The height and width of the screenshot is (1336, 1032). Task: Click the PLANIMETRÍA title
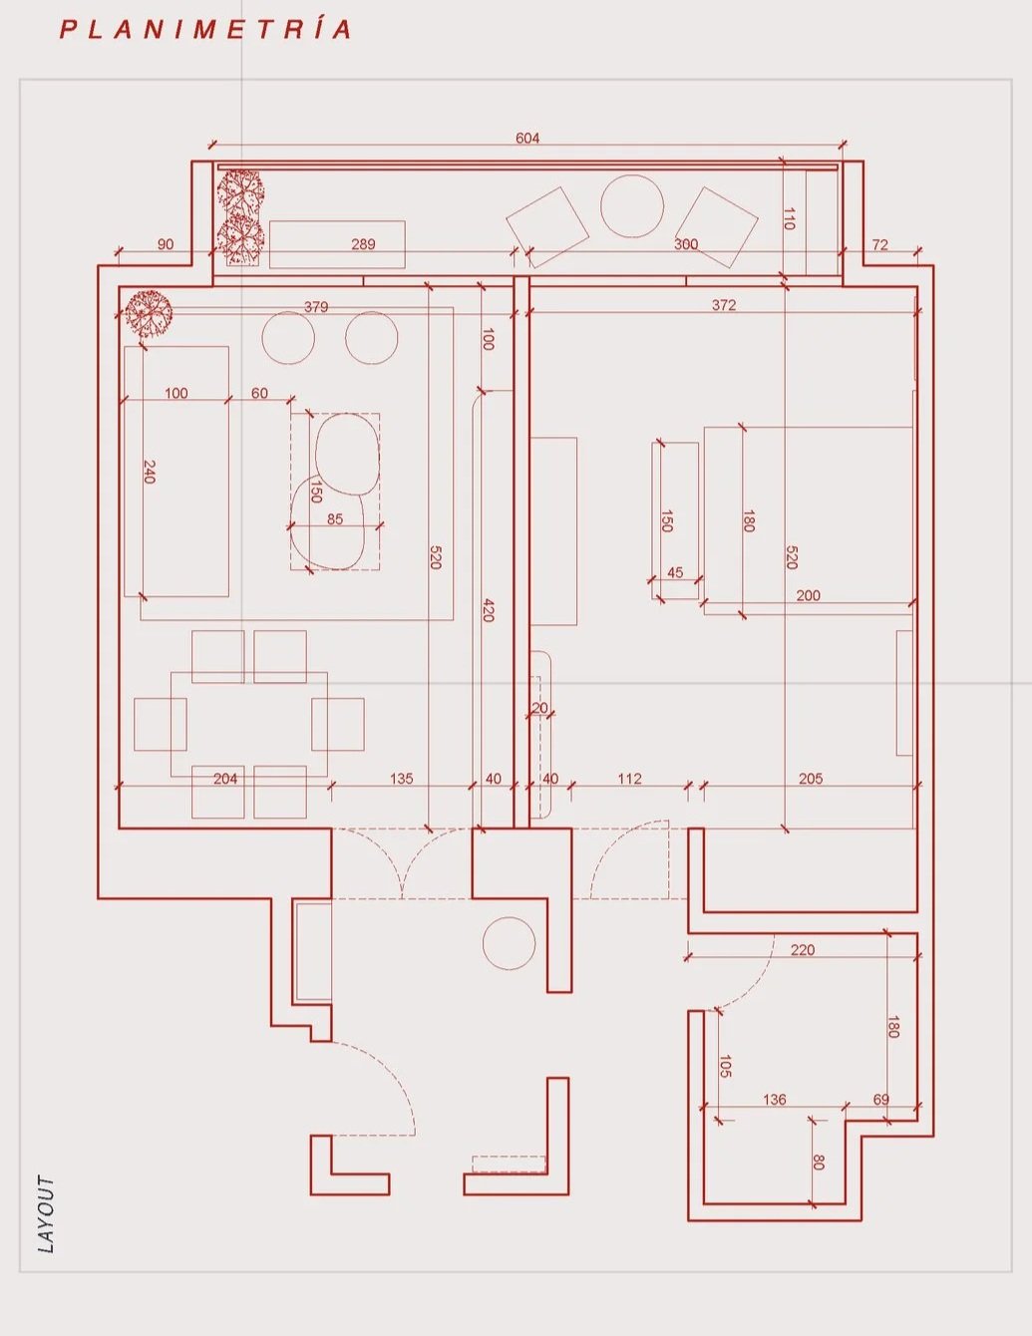pos(205,30)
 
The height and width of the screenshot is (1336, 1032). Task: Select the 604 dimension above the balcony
pos(527,138)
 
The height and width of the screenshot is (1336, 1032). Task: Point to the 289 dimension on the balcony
pos(363,244)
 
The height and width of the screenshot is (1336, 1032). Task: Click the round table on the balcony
pos(632,206)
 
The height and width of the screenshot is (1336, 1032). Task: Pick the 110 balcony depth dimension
pos(790,219)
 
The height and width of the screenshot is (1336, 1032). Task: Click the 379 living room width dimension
pos(316,307)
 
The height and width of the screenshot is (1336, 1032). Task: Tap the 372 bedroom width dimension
pos(724,305)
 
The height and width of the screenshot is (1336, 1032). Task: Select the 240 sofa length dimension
pos(150,472)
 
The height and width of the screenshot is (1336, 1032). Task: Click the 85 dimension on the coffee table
pos(335,518)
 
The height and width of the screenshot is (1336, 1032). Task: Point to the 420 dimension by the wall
pos(488,610)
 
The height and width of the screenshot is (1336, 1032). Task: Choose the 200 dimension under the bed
pos(809,595)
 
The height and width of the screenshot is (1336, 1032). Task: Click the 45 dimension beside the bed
pos(675,572)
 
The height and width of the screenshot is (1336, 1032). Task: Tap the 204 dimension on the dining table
pos(225,779)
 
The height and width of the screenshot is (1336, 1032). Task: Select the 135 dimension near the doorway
pos(402,779)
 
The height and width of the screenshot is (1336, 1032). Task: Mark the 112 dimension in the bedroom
pos(629,779)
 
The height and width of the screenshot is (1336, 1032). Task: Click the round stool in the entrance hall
pos(509,943)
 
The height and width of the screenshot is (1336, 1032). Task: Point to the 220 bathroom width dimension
pos(803,950)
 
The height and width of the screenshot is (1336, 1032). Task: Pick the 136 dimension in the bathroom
pos(775,1100)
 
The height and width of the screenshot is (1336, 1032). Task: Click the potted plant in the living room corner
pos(149,313)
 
